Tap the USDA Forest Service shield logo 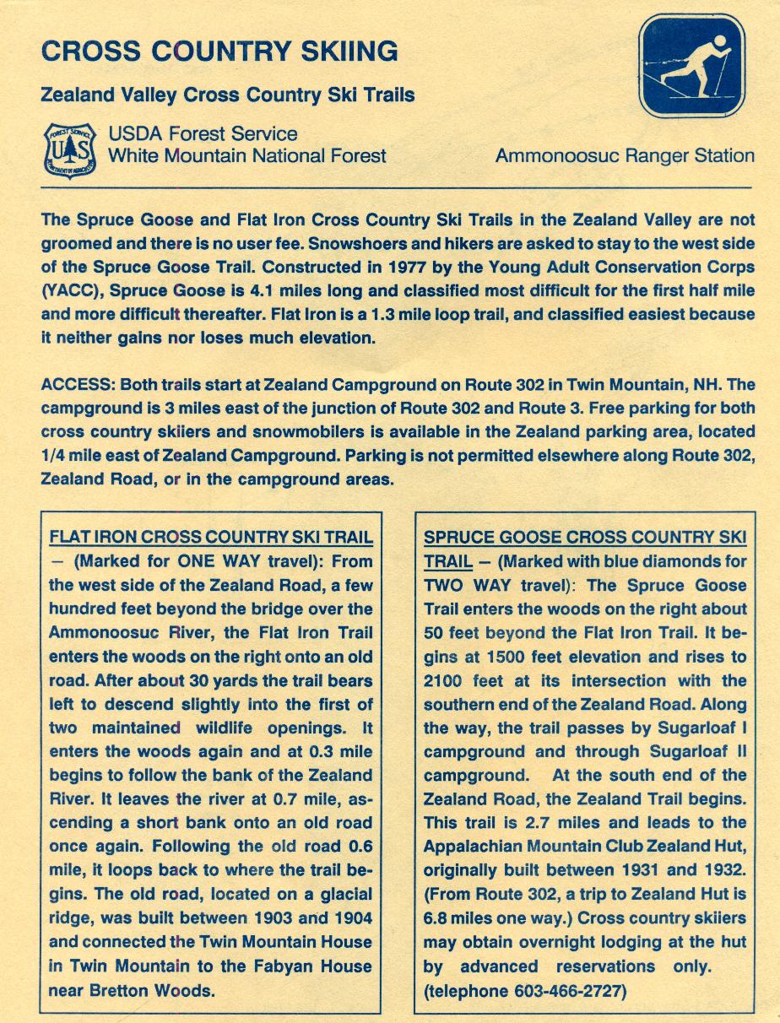point(69,150)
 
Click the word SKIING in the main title point(349,51)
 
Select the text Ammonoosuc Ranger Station point(625,155)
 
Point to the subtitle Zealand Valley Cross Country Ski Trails point(228,95)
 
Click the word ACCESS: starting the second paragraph point(79,384)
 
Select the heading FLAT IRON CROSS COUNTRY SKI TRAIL point(211,538)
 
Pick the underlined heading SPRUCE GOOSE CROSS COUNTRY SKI point(585,538)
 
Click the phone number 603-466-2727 point(570,991)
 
